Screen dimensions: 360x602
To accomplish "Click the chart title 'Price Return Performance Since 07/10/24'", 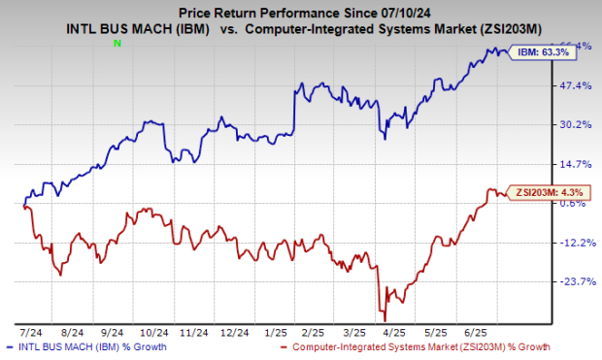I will (300, 10).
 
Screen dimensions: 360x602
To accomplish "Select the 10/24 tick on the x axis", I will (146, 331).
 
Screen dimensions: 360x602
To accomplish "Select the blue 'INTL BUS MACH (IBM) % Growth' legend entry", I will (87, 346).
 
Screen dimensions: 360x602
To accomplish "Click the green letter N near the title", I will (117, 44).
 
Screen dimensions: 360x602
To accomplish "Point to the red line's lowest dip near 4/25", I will (385, 320).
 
